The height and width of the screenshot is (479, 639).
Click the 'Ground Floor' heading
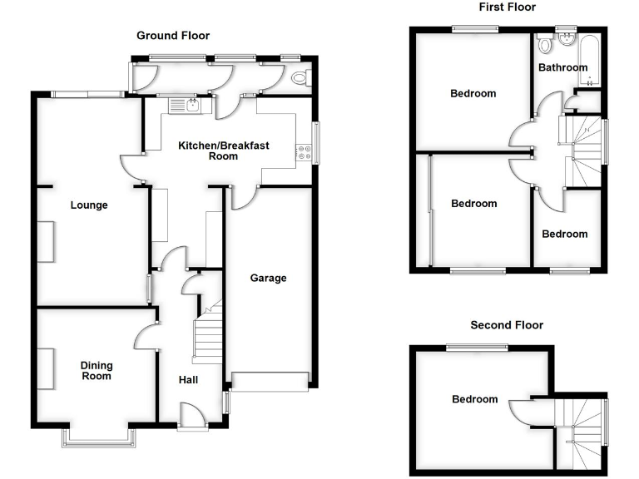point(173,36)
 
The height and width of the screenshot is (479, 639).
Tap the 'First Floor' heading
point(508,7)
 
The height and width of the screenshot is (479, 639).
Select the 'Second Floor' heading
point(507,325)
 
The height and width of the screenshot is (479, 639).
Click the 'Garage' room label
point(268,278)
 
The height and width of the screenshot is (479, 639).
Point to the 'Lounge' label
point(89,205)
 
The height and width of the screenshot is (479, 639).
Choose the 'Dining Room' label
point(97,371)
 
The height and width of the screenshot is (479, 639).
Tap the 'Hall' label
point(188,380)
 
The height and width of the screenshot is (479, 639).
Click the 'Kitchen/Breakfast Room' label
point(224,151)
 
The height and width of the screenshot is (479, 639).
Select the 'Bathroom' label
point(562,67)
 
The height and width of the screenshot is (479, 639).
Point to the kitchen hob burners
point(304,153)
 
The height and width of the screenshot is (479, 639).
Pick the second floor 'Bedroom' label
point(474,399)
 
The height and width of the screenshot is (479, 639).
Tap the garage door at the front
point(269,382)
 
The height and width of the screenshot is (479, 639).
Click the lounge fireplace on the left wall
point(47,242)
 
